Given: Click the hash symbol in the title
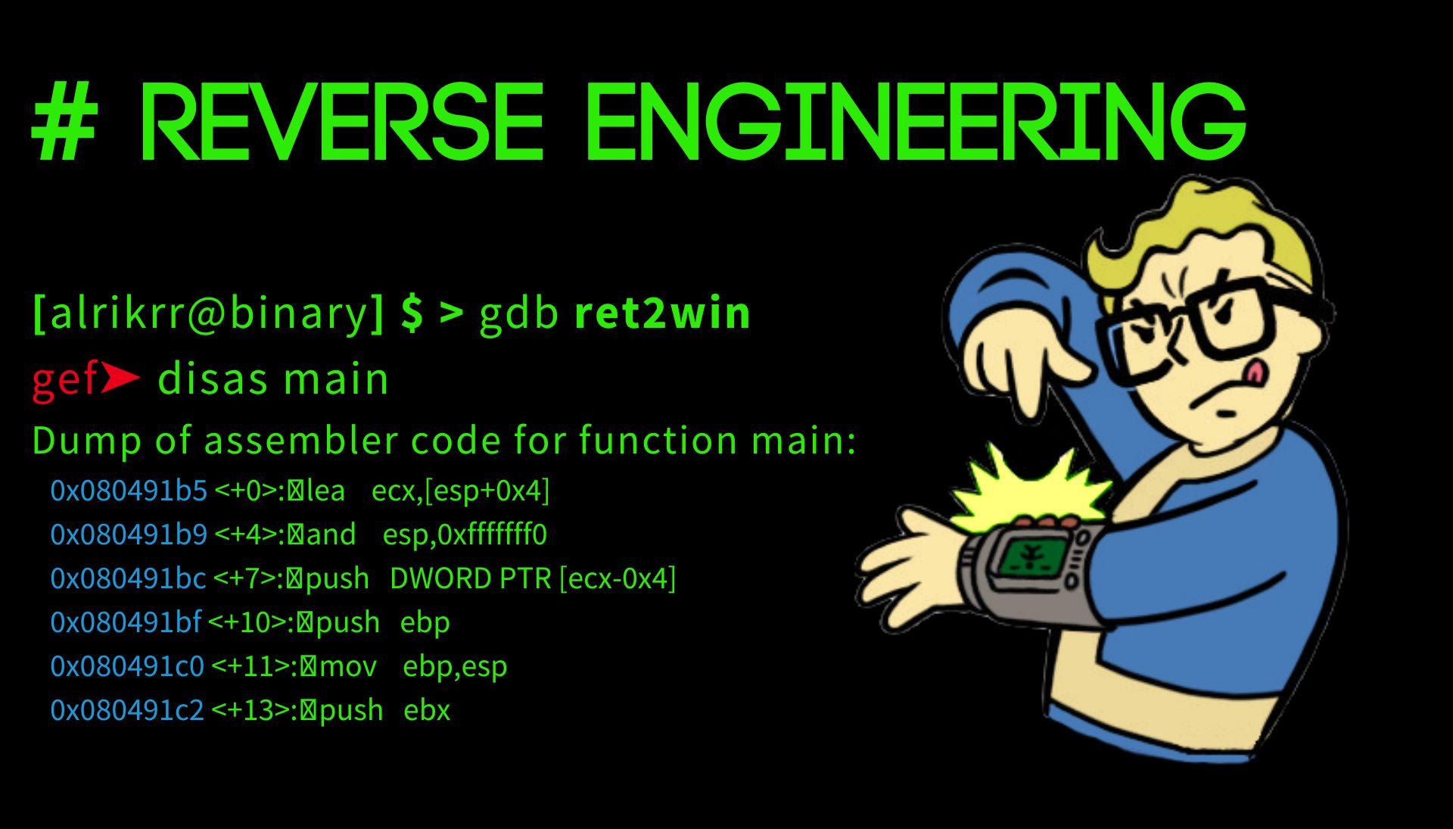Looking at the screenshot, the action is pos(65,122).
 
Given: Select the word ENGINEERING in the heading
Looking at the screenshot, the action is pos(916,122).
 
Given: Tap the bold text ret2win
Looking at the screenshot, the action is pos(663,313).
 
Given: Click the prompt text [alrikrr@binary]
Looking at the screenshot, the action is pos(209,313).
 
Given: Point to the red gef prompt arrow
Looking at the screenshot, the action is pos(120,377).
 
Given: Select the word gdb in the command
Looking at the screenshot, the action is pos(519,313).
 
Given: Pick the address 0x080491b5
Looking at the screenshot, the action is pos(129,491).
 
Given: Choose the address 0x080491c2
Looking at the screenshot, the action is pos(127,710).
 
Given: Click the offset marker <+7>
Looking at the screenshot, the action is pos(246,578).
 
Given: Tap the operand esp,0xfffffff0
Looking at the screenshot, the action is pos(465,534).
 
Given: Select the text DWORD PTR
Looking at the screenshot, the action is pos(471,578).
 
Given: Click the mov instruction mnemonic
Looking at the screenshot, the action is pos(348,667).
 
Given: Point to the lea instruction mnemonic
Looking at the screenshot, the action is pos(325,491).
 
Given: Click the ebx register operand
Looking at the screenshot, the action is pos(427,710).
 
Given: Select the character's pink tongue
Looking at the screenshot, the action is pos(1255,370).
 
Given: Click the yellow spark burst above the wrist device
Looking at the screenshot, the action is pos(1029,488).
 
